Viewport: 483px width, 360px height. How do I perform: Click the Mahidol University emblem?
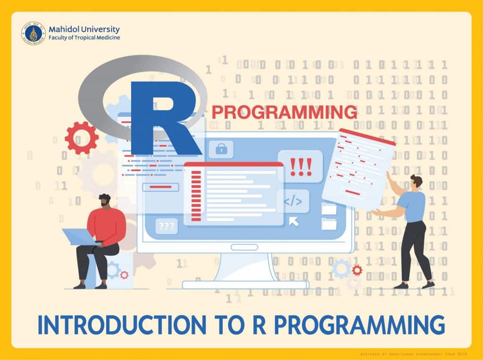pyautogui.click(x=33, y=33)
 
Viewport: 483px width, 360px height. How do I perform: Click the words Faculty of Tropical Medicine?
pyautogui.click(x=84, y=38)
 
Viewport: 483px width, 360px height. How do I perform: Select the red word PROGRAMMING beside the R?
pyautogui.click(x=284, y=113)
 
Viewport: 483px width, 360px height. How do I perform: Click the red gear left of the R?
pyautogui.click(x=81, y=138)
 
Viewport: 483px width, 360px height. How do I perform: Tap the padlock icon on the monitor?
pyautogui.click(x=221, y=150)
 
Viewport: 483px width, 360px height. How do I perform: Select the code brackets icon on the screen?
pyautogui.click(x=293, y=202)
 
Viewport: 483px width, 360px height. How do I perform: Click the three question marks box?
pyautogui.click(x=167, y=226)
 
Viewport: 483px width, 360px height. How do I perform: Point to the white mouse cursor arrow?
pyautogui.click(x=294, y=221)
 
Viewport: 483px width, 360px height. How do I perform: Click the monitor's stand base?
pyautogui.click(x=245, y=284)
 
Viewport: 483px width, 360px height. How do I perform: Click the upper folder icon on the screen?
pyautogui.click(x=329, y=208)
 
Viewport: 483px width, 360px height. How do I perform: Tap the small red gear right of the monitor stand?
pyautogui.click(x=357, y=270)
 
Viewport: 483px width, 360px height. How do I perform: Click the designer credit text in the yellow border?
pyautogui.click(x=409, y=353)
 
